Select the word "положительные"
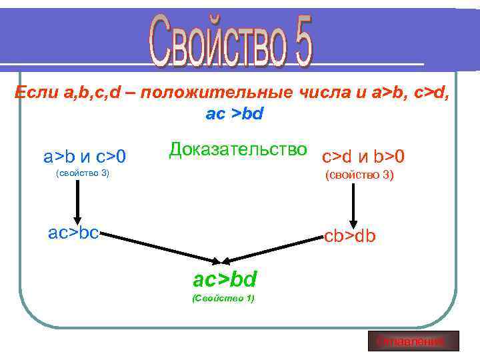[209, 93]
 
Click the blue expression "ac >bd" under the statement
[235, 114]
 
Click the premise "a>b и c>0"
[85, 157]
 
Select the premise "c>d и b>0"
[363, 157]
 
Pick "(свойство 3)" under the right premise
[359, 175]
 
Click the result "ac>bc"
[74, 233]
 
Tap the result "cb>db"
[350, 236]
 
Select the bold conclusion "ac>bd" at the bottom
[225, 278]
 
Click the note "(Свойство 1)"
[223, 298]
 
